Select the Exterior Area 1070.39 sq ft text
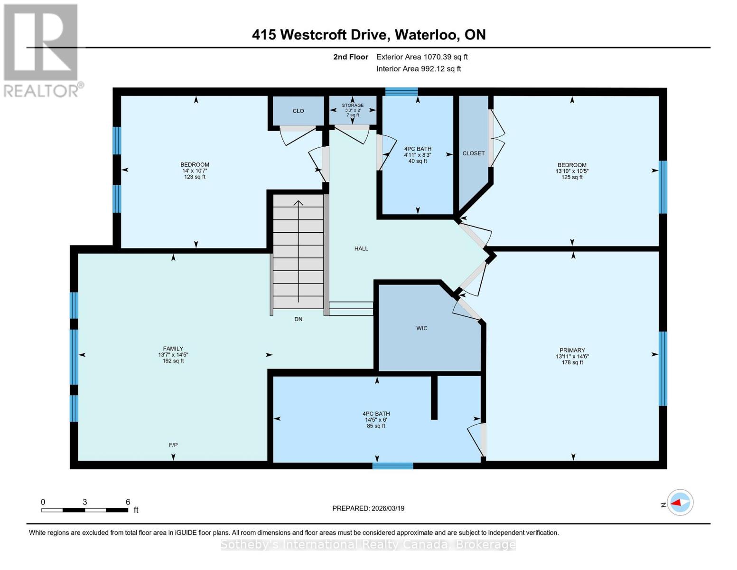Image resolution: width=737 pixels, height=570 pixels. pyautogui.click(x=422, y=57)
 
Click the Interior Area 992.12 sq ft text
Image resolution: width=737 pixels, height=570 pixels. pyautogui.click(x=419, y=69)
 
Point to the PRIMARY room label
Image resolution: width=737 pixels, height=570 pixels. pyautogui.click(x=572, y=350)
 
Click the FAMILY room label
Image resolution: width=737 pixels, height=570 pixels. pyautogui.click(x=173, y=349)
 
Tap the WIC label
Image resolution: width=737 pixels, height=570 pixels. pyautogui.click(x=422, y=328)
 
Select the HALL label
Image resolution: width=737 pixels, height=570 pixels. pyautogui.click(x=361, y=248)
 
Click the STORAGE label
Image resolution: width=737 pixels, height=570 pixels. pyautogui.click(x=353, y=105)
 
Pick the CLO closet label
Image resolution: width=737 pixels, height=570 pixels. pyautogui.click(x=298, y=111)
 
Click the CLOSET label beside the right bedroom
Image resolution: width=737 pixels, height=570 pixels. pyautogui.click(x=474, y=153)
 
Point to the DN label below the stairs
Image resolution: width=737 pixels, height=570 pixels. pyautogui.click(x=298, y=319)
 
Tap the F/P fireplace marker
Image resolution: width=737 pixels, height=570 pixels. pyautogui.click(x=173, y=445)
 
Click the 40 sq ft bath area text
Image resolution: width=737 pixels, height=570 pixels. pyautogui.click(x=418, y=161)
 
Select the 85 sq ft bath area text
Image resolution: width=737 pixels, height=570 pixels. pyautogui.click(x=376, y=426)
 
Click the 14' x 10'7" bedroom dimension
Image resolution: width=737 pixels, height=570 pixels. pyautogui.click(x=195, y=171)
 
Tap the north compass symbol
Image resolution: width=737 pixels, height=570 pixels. pyautogui.click(x=680, y=503)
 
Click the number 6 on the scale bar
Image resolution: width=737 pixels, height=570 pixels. pyautogui.click(x=128, y=502)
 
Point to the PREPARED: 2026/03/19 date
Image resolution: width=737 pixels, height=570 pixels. pyautogui.click(x=368, y=508)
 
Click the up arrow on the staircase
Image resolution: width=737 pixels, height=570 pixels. pyautogui.click(x=298, y=204)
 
